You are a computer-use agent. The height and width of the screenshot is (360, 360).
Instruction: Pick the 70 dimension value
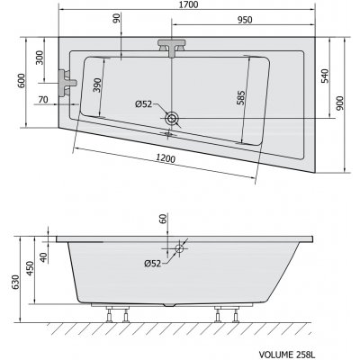coord(42,100)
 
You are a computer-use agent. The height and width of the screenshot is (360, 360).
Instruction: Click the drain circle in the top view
coord(171,117)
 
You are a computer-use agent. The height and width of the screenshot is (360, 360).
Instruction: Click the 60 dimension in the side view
coord(163,219)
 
